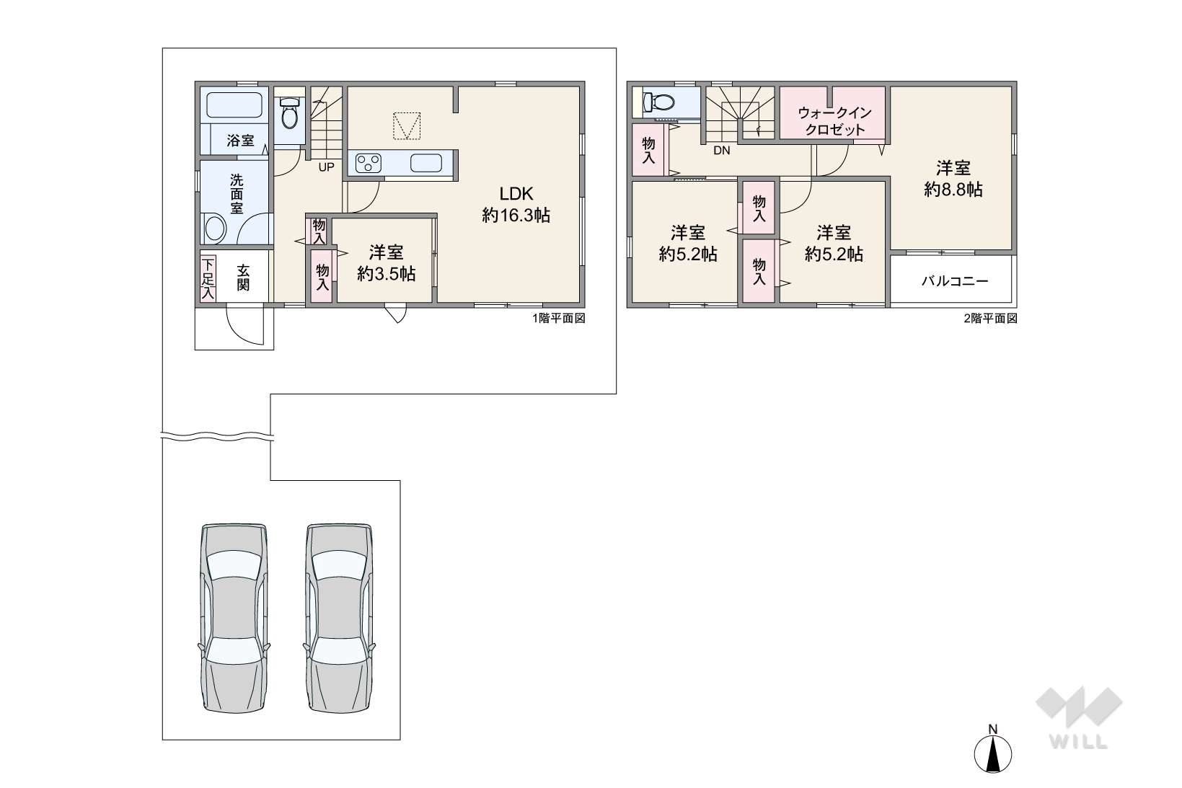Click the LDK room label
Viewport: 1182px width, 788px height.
516,193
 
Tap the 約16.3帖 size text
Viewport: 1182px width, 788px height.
516,215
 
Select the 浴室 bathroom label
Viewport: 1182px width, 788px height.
241,141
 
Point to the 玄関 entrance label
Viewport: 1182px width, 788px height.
243,278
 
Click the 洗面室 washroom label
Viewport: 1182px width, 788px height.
237,194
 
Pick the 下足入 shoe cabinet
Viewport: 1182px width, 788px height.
208,278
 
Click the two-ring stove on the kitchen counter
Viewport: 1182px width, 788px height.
369,163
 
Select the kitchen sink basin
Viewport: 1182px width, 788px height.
425,163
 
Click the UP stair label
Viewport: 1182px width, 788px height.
326,167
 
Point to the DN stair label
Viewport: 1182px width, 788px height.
721,151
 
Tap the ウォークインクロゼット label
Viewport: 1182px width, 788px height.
834,121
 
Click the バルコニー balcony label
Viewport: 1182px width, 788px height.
955,281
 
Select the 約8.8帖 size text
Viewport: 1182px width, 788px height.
953,190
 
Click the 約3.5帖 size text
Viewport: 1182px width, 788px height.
387,274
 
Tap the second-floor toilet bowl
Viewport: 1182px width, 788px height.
660,102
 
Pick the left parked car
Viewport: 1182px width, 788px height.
234,618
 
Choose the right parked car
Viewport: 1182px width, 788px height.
339,618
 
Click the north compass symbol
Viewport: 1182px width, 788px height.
992,752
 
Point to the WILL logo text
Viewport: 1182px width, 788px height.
1079,742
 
